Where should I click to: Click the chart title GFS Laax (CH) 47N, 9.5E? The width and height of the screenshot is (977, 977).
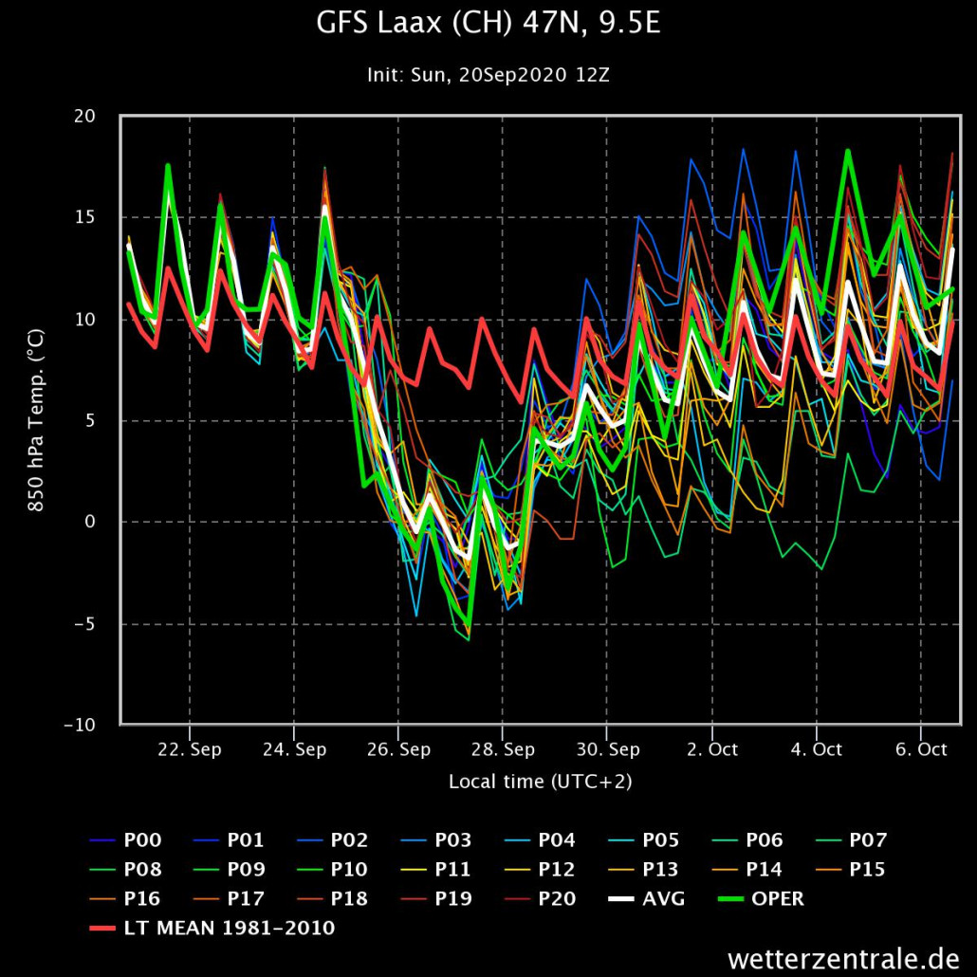click(x=488, y=25)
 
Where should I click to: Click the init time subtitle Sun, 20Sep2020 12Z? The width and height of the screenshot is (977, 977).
click(x=488, y=75)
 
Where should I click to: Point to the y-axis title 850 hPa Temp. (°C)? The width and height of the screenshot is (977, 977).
click(x=36, y=419)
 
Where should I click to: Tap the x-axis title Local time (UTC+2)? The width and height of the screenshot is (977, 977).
click(x=540, y=782)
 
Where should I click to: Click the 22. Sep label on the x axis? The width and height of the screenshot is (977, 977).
click(x=190, y=749)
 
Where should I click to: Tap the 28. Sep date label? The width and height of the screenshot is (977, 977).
click(x=502, y=749)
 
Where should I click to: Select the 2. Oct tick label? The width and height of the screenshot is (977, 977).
click(x=710, y=749)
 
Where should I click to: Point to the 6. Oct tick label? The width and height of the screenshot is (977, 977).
click(x=919, y=749)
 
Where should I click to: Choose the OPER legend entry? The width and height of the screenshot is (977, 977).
click(x=777, y=898)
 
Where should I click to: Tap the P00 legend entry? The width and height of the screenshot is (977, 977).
click(x=142, y=839)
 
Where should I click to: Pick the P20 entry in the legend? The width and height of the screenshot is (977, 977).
click(x=557, y=898)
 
